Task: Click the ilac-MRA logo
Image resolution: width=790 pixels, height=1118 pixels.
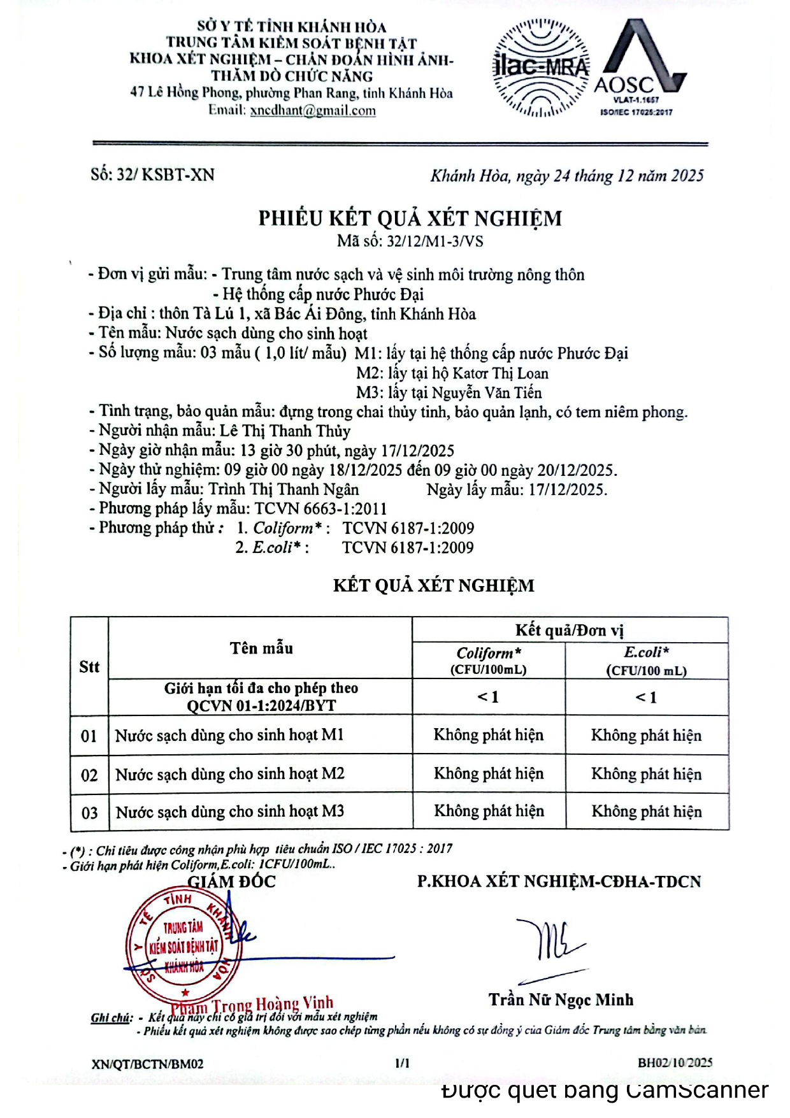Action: pos(541,68)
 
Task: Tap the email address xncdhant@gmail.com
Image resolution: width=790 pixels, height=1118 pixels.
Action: pos(313,110)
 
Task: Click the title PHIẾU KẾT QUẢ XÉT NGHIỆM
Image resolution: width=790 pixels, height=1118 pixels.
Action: pos(410,219)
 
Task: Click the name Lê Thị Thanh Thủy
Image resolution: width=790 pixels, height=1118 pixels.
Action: pos(285,431)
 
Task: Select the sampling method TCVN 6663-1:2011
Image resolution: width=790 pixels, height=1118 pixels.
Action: pos(320,508)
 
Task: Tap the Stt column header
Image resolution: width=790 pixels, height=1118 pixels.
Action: pos(89,667)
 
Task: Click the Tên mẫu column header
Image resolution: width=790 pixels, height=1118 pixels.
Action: pos(261,649)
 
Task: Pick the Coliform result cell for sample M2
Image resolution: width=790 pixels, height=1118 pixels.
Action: pos(489,773)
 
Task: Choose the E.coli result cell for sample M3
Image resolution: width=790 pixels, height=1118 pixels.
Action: pos(646,812)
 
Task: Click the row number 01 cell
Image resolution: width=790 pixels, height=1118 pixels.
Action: pos(89,736)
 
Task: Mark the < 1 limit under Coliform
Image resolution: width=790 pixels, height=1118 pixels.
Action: pos(489,697)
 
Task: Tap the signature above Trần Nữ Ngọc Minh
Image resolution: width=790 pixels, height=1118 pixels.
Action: pos(550,941)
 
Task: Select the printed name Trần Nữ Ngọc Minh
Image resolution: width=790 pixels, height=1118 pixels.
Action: pos(561,1000)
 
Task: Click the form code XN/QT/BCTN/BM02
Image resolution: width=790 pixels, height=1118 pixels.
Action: pos(148,1063)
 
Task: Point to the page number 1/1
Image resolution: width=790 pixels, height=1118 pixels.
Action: pos(403,1063)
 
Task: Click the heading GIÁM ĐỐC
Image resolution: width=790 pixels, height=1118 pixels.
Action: pos(231,882)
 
